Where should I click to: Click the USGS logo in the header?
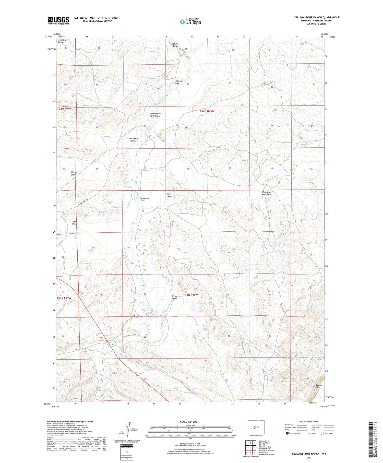(58, 20)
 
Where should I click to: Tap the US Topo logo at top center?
(190, 22)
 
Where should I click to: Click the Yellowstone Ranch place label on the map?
(145, 199)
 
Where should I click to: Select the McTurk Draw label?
(175, 45)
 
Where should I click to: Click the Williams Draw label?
(178, 82)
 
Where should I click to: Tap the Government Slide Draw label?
(155, 115)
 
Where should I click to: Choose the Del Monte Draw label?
(134, 140)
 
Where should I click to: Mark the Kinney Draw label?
(74, 173)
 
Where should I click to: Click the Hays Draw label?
(169, 195)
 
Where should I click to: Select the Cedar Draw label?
(74, 223)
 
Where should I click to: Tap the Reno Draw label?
(175, 297)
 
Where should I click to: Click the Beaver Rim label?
(319, 386)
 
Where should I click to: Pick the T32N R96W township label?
(207, 111)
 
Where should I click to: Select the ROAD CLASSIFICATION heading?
(309, 421)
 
